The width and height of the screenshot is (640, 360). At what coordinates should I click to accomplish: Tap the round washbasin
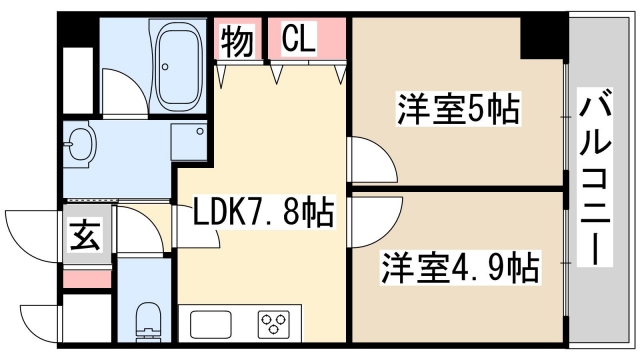(79, 146)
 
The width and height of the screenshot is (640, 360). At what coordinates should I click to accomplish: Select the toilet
(146, 318)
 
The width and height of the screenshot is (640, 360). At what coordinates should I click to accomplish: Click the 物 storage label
(237, 42)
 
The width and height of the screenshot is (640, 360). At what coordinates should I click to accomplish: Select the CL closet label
(297, 41)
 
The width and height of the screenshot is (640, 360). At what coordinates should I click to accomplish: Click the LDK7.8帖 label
(263, 213)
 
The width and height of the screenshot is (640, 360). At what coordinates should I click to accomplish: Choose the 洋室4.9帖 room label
(459, 268)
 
